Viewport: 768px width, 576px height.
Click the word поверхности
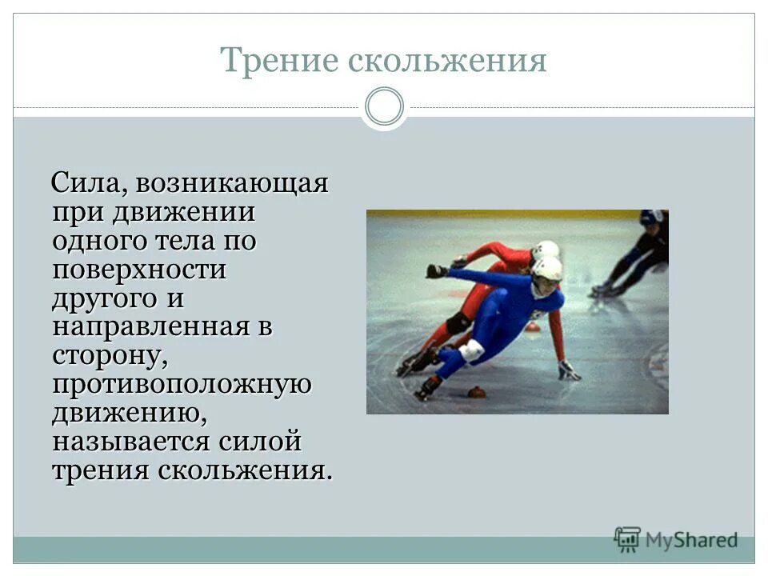click(139, 270)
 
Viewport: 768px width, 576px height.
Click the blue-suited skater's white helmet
click(548, 270)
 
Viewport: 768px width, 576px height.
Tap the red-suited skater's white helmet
click(546, 250)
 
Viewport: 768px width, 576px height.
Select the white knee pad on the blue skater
click(471, 350)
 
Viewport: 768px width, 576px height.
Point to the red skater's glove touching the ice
click(567, 370)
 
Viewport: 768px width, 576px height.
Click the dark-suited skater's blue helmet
click(650, 217)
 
